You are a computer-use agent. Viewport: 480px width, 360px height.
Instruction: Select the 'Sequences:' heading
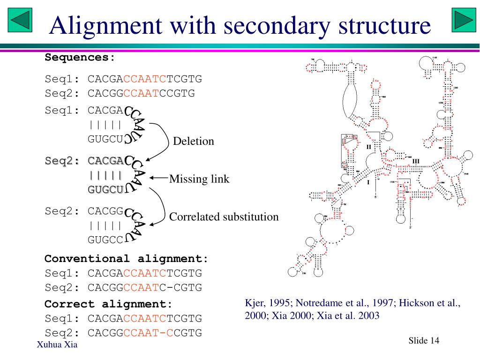(80, 58)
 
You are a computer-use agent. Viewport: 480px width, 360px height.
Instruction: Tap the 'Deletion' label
(193, 141)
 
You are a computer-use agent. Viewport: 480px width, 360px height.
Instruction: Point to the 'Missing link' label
(199, 179)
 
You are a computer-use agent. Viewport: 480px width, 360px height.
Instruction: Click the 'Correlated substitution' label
(224, 217)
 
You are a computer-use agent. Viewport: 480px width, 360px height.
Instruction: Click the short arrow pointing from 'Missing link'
(159, 178)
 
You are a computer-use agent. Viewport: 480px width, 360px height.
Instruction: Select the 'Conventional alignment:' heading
(126, 258)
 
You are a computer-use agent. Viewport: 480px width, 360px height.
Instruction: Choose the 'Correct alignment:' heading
(108, 304)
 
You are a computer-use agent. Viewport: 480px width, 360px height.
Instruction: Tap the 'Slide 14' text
(424, 340)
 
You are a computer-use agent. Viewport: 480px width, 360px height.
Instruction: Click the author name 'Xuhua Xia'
(57, 345)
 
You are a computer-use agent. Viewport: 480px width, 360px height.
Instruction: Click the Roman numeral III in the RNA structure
(416, 161)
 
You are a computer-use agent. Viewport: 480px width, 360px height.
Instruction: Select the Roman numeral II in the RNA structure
(368, 147)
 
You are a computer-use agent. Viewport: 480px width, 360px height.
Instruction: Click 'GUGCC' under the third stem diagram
(105, 240)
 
